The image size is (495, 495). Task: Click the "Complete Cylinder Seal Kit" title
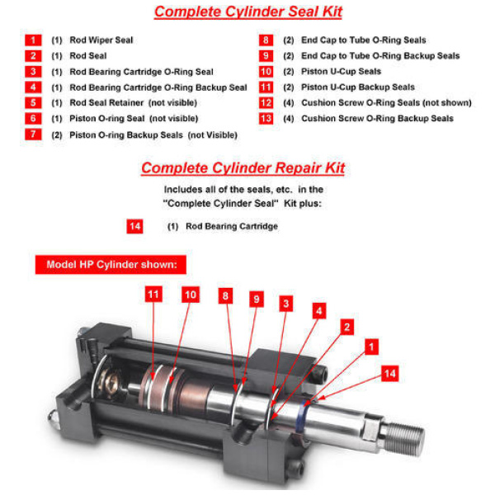click(x=248, y=12)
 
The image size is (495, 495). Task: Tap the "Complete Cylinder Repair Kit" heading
click(x=243, y=168)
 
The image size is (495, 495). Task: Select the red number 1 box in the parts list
click(x=33, y=40)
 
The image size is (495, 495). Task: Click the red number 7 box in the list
click(x=33, y=134)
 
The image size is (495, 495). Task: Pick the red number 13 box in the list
click(x=266, y=118)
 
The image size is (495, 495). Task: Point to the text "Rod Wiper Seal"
click(x=101, y=40)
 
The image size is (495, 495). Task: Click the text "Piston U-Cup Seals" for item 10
click(x=341, y=71)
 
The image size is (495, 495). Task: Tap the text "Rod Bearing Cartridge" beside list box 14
click(x=232, y=226)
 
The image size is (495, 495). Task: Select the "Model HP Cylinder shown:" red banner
click(x=111, y=265)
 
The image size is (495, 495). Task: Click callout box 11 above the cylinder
click(x=153, y=295)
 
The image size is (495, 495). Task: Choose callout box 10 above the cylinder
click(x=191, y=295)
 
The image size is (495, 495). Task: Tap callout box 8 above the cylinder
click(x=225, y=296)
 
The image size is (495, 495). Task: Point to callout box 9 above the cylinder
click(x=257, y=299)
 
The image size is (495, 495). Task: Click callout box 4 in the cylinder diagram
click(x=318, y=311)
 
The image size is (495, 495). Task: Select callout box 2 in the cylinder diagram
click(x=347, y=327)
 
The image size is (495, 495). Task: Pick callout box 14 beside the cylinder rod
click(x=390, y=374)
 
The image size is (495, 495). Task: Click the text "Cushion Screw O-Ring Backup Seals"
click(x=377, y=118)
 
